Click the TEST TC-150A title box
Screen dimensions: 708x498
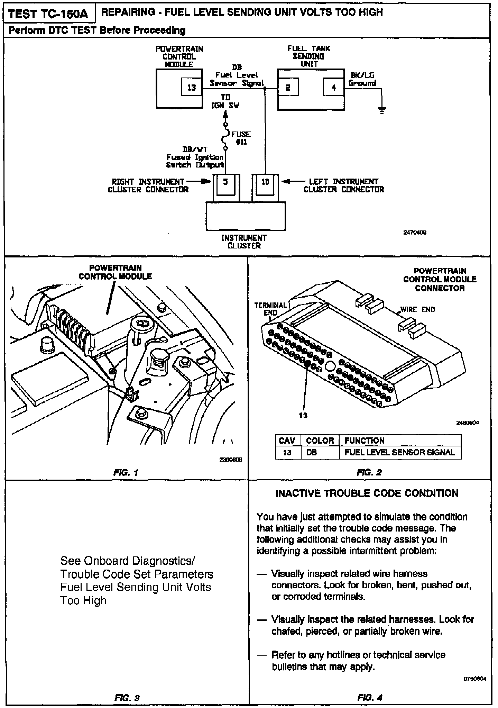point(48,14)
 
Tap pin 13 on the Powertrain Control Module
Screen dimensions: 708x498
point(192,88)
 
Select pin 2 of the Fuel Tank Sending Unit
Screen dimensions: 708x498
point(288,88)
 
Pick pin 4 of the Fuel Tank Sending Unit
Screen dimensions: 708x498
point(334,88)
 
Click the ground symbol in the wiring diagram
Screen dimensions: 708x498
point(382,111)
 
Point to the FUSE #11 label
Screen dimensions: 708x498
point(241,138)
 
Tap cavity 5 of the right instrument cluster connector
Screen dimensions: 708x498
point(225,182)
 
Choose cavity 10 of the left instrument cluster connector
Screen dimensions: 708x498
point(265,182)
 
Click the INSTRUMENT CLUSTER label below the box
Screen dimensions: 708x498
point(244,242)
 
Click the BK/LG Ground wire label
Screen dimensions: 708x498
point(362,79)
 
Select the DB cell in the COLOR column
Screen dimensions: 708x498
point(312,453)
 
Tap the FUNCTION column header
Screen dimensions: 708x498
point(365,441)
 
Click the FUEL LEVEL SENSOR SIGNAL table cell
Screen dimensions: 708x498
point(399,453)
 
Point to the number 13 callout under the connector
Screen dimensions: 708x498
point(303,416)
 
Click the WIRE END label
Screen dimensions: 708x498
point(417,310)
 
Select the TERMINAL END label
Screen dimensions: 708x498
point(270,309)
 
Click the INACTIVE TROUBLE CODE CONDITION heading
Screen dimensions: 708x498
point(367,493)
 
